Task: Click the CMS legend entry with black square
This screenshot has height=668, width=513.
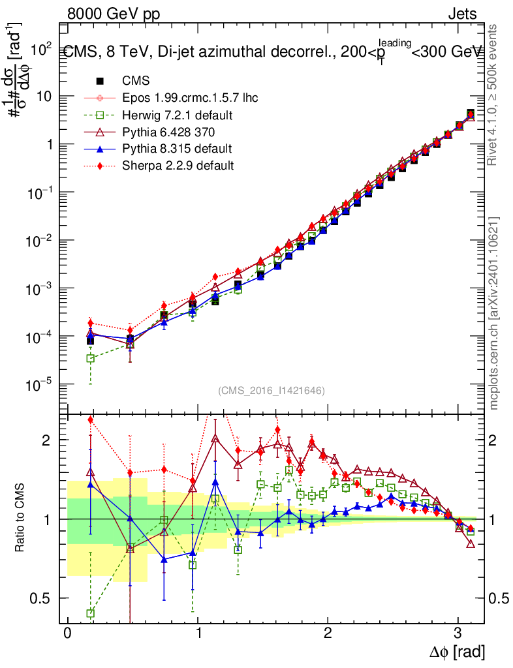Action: click(x=136, y=81)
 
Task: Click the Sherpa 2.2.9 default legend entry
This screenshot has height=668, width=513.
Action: click(x=178, y=166)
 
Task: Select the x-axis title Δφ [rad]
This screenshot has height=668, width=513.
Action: click(x=458, y=651)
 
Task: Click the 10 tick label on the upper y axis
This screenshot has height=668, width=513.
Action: click(x=44, y=97)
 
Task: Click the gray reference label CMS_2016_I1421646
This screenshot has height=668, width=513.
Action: click(x=272, y=390)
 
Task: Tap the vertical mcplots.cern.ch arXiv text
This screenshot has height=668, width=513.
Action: click(x=495, y=313)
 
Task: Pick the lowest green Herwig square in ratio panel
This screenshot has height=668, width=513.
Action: click(x=91, y=613)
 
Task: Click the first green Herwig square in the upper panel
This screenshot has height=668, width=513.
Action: click(x=91, y=358)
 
